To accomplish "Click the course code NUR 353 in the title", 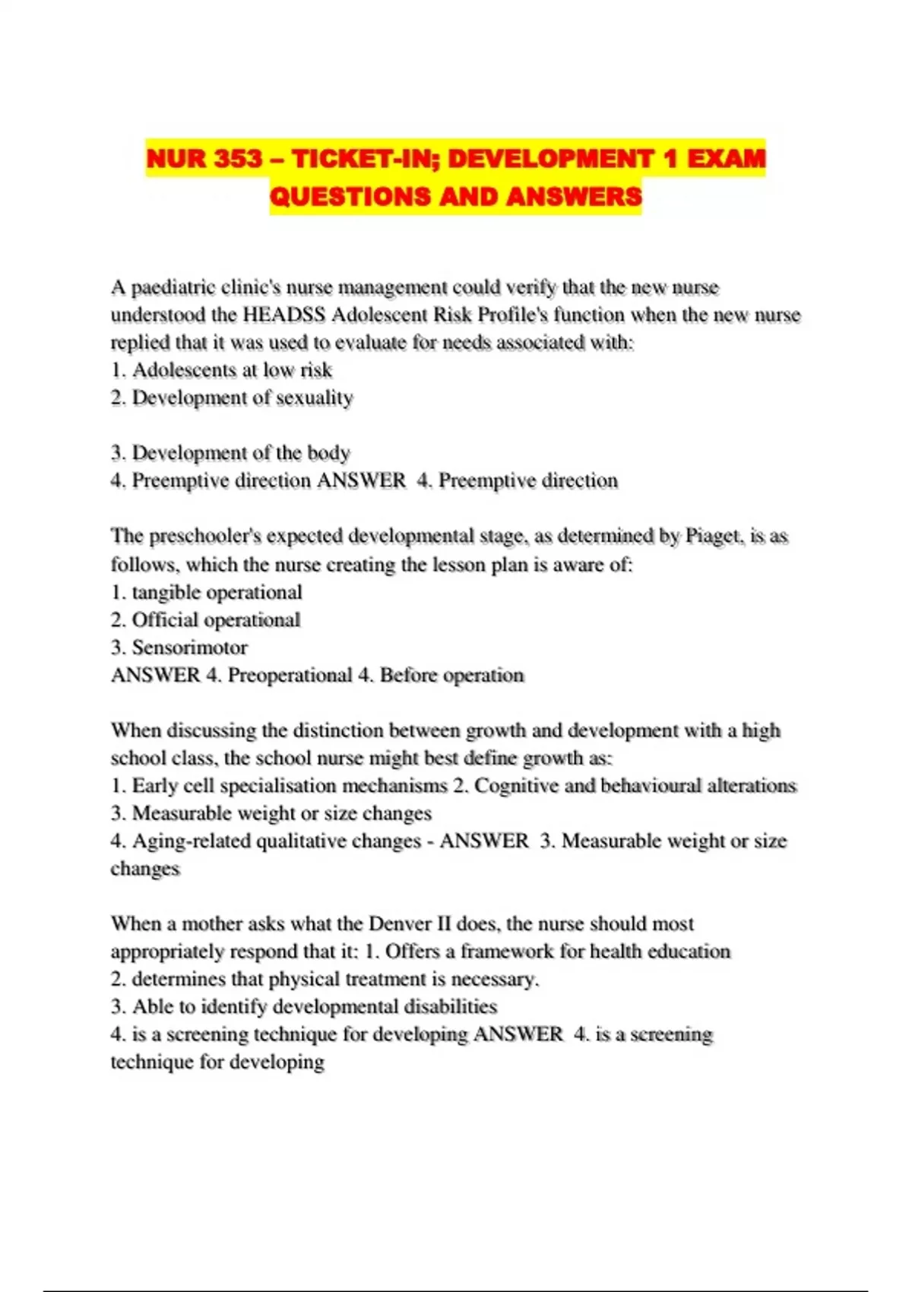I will tap(204, 159).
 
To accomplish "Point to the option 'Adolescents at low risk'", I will tap(231, 370).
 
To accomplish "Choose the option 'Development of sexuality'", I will tap(242, 398).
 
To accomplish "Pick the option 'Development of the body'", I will tap(240, 453).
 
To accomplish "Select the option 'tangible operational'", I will tap(216, 592).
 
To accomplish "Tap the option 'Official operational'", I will tap(216, 620).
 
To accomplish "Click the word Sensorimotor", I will tap(189, 648).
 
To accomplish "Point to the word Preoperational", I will tap(290, 675).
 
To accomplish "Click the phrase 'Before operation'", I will tap(451, 675).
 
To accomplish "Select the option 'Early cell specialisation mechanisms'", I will tap(289, 785).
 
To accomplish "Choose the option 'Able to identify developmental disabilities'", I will tap(314, 1006).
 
